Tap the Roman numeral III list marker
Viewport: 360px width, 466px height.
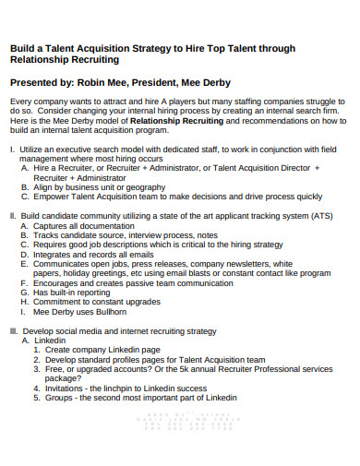coord(13,330)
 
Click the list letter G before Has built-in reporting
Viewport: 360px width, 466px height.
coord(23,293)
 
